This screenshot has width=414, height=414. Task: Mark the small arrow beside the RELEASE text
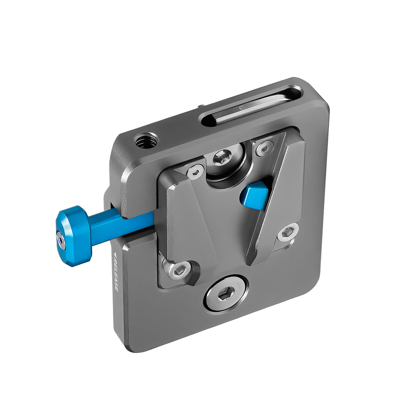pos(114,255)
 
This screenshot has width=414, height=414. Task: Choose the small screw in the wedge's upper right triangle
pos(263,148)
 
